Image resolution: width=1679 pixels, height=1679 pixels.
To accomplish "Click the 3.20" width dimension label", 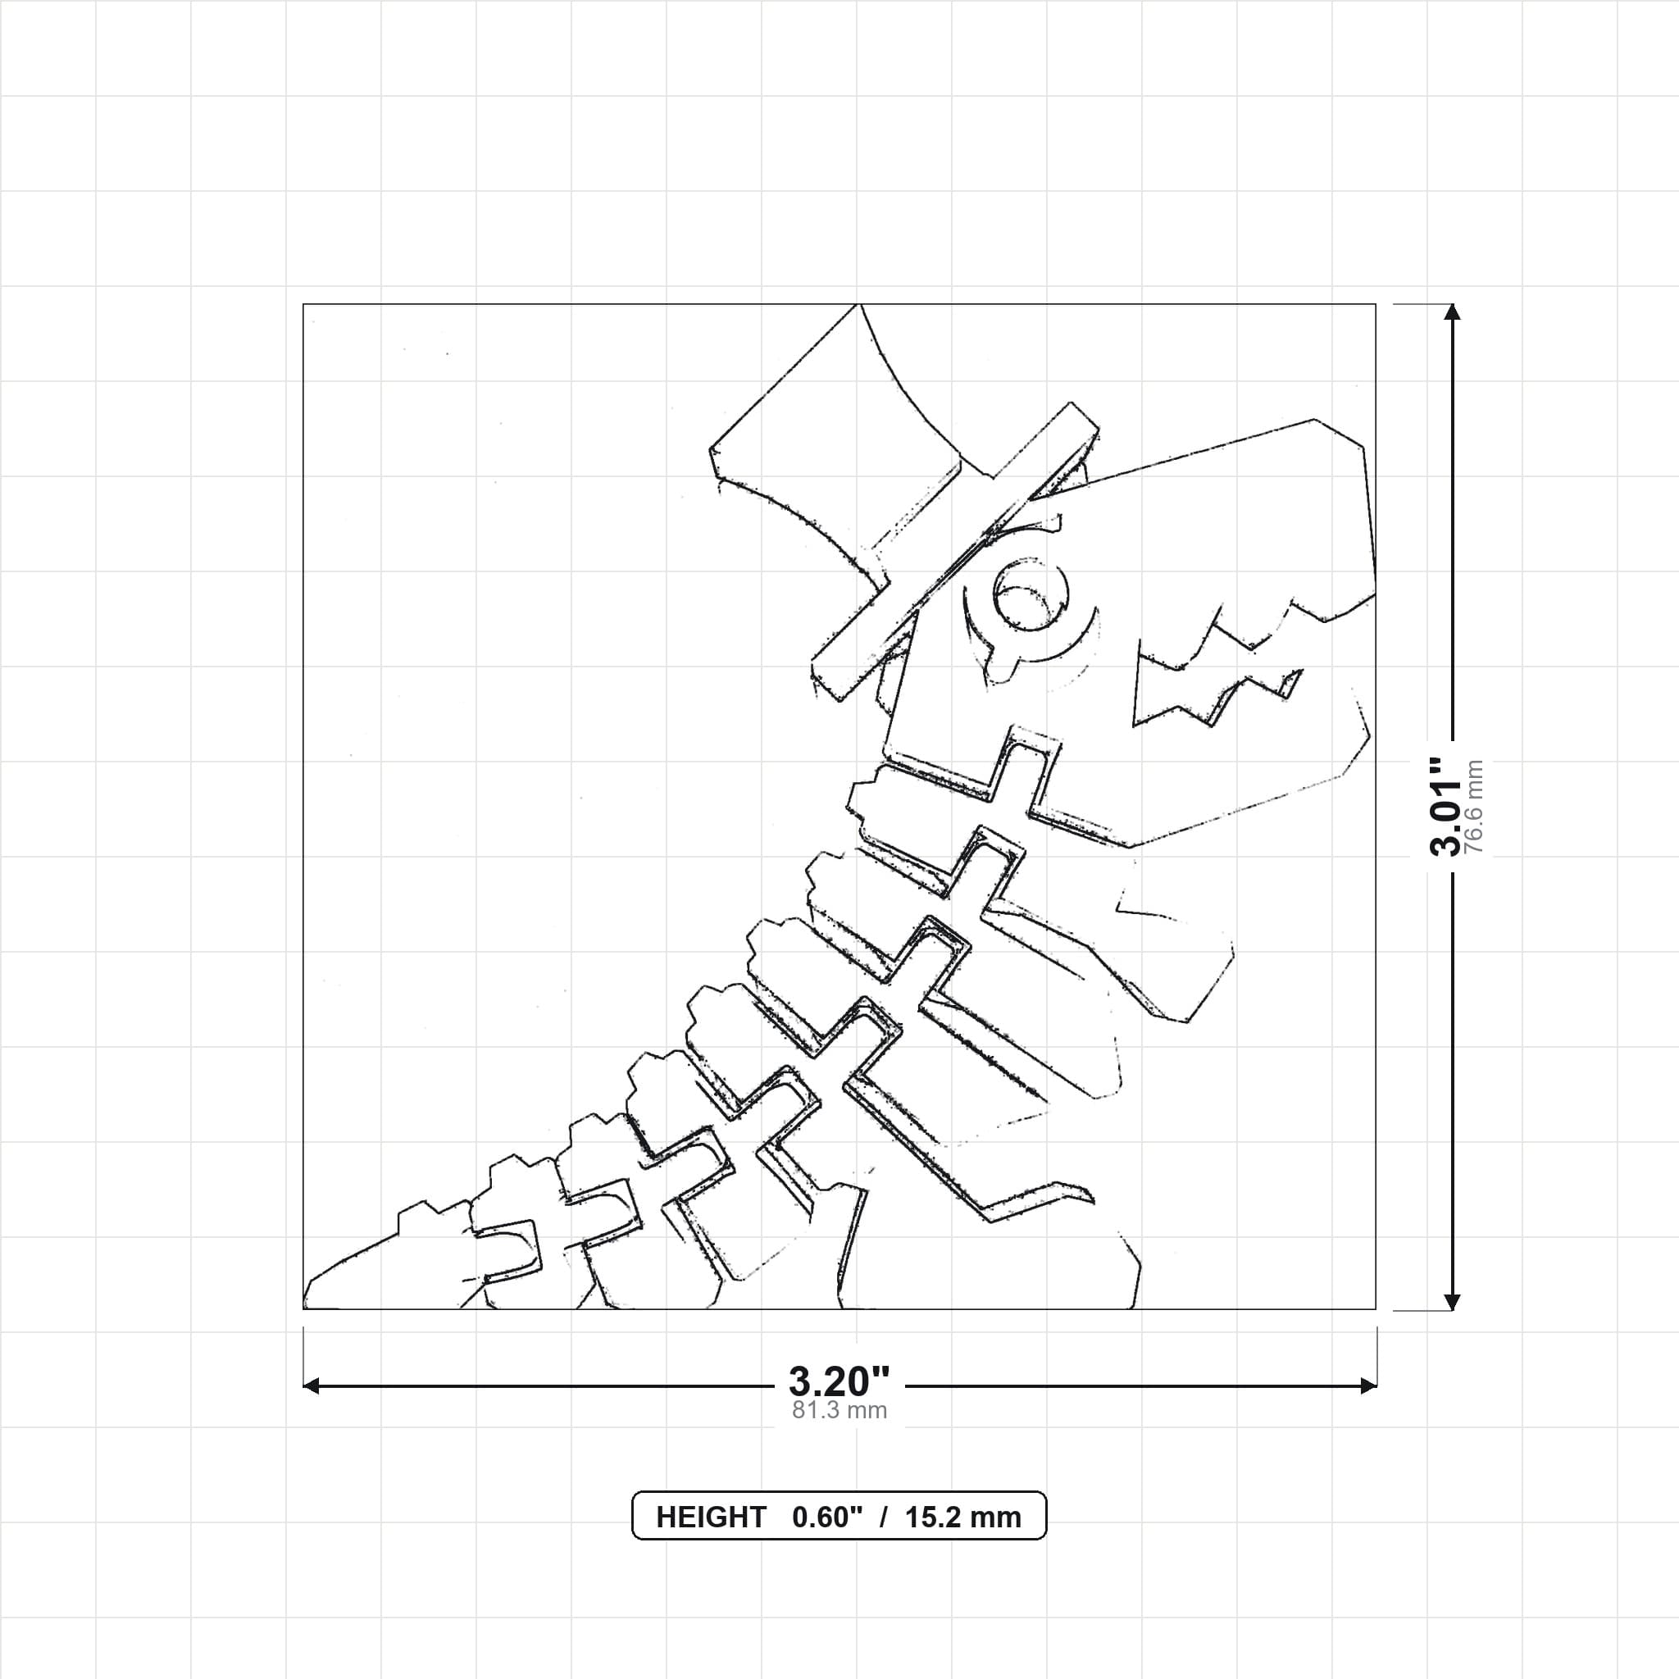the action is [x=839, y=1381].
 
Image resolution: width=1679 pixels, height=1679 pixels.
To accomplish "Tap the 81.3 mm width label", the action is [x=839, y=1410].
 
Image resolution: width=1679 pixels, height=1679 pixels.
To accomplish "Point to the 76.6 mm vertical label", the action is [x=1474, y=807].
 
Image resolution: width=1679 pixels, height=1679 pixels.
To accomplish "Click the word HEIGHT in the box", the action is [x=711, y=1517].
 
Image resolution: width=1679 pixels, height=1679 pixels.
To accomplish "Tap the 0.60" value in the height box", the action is [x=826, y=1517].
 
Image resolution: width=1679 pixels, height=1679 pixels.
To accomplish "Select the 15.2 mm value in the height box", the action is [x=963, y=1517].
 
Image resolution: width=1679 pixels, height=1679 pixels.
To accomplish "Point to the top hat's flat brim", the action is [x=954, y=552].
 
